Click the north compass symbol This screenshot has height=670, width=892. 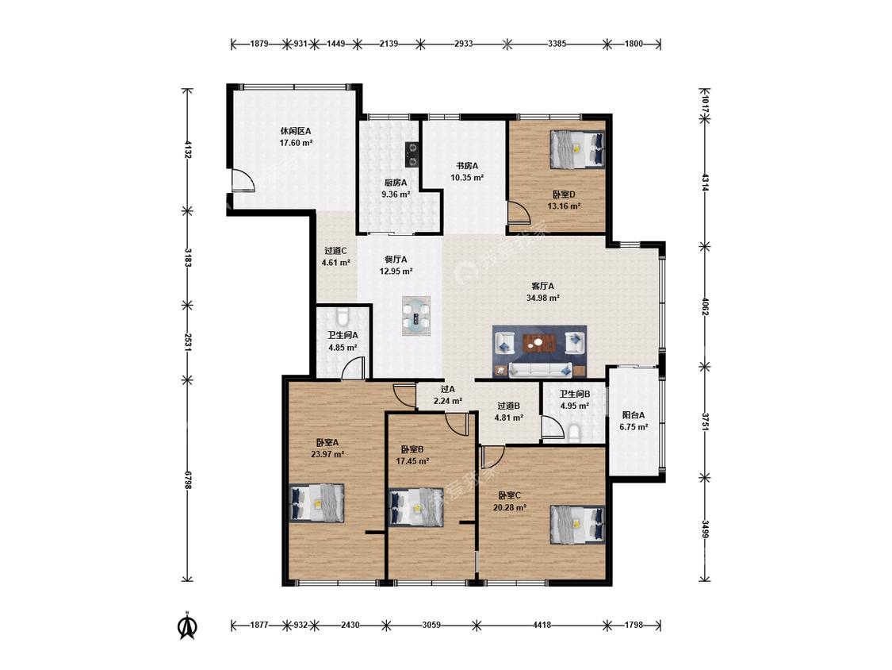coord(188,626)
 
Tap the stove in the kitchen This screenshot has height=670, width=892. coord(412,154)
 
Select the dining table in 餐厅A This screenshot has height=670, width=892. coord(416,316)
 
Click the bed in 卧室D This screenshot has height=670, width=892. coord(577,149)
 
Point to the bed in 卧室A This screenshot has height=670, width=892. coord(317,502)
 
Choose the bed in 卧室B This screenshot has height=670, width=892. coord(415,507)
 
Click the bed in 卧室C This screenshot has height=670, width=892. coord(577,525)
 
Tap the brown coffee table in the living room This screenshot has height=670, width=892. coord(538,344)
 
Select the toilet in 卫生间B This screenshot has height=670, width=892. coord(573,433)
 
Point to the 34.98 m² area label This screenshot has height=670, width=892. coord(542,298)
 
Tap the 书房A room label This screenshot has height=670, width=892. coord(467,166)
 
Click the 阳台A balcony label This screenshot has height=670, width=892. coord(634,414)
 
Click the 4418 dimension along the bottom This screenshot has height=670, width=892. coord(542,625)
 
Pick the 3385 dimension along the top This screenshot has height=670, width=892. coord(557,44)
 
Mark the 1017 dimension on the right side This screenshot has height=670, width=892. coord(705,104)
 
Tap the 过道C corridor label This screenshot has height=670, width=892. coord(335,250)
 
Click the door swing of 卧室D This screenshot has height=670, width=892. coord(519,212)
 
